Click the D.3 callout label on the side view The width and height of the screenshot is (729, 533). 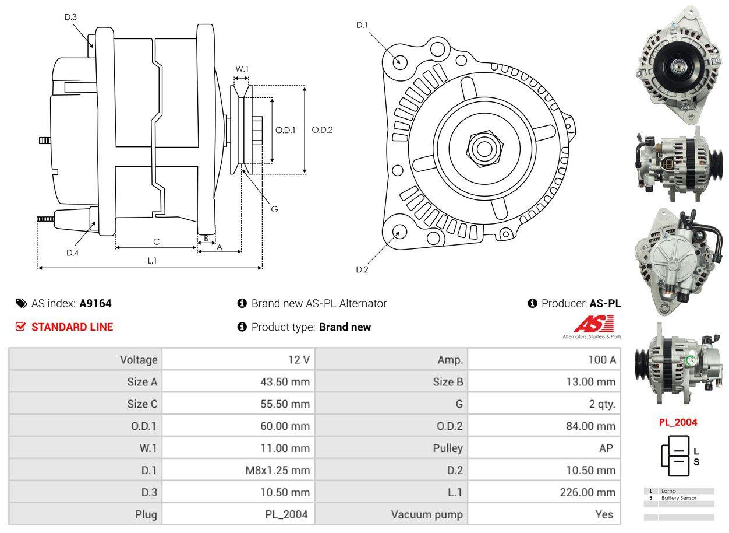pyautogui.click(x=70, y=17)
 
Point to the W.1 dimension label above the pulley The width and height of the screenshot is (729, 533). pyautogui.click(x=242, y=69)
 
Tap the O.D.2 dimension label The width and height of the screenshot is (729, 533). pyautogui.click(x=322, y=130)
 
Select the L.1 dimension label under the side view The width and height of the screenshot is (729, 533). pyautogui.click(x=152, y=261)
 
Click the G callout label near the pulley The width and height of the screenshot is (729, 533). pyautogui.click(x=274, y=209)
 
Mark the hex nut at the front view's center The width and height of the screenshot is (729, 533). pyautogui.click(x=483, y=148)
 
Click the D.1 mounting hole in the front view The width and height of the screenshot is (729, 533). pyautogui.click(x=399, y=61)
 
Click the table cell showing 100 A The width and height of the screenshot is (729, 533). pyautogui.click(x=601, y=360)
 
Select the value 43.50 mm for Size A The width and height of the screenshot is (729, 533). pyautogui.click(x=285, y=382)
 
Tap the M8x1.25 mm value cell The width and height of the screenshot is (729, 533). pyautogui.click(x=277, y=470)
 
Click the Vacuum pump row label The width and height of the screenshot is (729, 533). pyautogui.click(x=427, y=514)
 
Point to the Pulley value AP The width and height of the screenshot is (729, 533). pyautogui.click(x=606, y=448)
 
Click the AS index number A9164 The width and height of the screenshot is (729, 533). pyautogui.click(x=95, y=303)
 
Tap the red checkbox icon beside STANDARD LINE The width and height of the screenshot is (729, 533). pyautogui.click(x=21, y=327)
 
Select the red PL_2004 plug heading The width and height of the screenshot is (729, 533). pyautogui.click(x=678, y=422)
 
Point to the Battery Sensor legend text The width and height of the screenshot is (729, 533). pyautogui.click(x=678, y=498)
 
